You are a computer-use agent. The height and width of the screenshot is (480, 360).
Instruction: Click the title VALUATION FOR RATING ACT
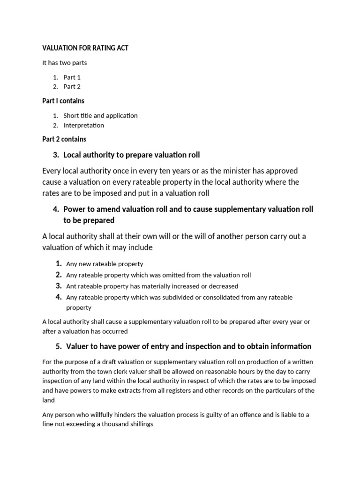tap(85, 48)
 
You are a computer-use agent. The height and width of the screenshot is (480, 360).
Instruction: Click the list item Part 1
tap(72, 77)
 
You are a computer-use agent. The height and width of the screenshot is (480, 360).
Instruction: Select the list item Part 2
tap(72, 86)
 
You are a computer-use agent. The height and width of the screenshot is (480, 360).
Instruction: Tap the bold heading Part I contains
tap(63, 101)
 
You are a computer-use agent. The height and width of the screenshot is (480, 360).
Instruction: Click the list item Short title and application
tap(100, 115)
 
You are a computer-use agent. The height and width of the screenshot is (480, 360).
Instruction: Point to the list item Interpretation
tap(84, 125)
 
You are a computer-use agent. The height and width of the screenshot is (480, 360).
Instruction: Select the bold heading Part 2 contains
tap(64, 139)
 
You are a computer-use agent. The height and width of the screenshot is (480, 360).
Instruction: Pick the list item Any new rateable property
tap(105, 264)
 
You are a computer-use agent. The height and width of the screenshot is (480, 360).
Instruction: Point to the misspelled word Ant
tap(71, 286)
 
